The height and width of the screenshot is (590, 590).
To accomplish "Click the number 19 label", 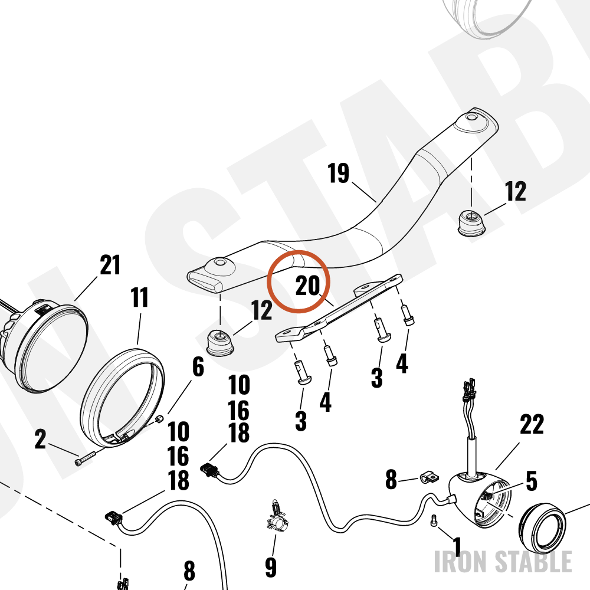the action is [x=338, y=173].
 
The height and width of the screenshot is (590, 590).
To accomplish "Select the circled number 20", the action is [x=307, y=285].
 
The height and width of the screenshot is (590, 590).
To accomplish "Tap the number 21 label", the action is [x=110, y=265].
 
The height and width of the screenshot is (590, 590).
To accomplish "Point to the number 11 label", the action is [x=140, y=297].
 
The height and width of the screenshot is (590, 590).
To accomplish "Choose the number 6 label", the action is [x=198, y=366].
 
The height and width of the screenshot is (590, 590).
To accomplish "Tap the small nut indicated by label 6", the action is [x=159, y=418].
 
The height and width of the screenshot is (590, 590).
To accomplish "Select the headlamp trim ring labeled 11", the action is [x=123, y=398].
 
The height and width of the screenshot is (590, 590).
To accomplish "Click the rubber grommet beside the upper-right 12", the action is [x=471, y=224].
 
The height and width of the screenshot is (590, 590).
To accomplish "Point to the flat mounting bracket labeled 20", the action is [x=339, y=308].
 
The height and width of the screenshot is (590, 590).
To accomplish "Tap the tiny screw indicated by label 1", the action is [x=434, y=521].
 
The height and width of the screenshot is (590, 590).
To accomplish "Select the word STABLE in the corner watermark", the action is [x=533, y=562].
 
